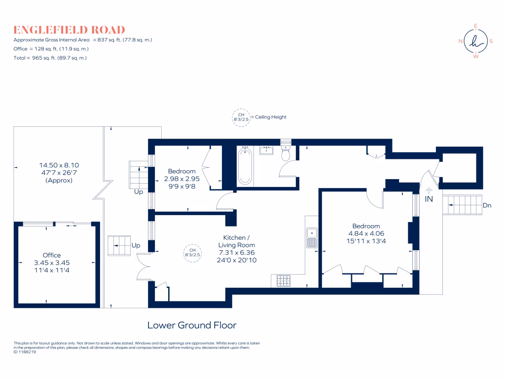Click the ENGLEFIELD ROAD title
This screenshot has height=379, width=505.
coord(69,30)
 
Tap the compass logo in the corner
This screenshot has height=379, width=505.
coord(475,41)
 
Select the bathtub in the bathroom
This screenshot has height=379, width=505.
coord(245,166)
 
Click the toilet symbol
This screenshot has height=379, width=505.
coord(285,153)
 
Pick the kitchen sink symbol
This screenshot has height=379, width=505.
coord(311,237)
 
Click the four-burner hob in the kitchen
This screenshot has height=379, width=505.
coord(284,281)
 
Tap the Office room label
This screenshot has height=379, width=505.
coord(52,255)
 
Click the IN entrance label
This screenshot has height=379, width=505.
coord(429,199)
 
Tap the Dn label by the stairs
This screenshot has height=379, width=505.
coord(487,205)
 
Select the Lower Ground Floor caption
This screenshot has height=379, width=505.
coord(192,325)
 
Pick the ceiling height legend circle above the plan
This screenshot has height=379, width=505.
coord(240,117)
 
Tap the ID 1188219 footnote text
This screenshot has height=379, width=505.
coord(25,352)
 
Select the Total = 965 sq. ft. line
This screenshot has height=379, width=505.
coord(50,58)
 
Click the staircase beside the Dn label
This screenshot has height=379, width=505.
coord(462,205)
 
